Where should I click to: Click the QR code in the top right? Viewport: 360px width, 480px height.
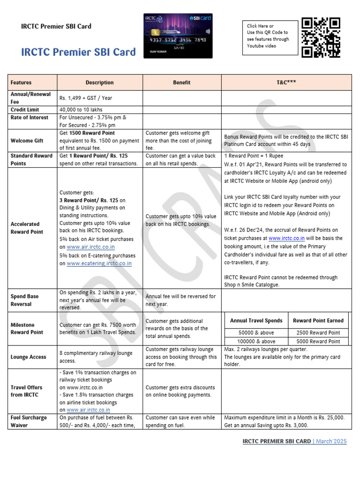pyautogui.click(x=321, y=37)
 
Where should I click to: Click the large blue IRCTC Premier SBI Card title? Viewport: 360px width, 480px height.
pyautogui.click(x=78, y=52)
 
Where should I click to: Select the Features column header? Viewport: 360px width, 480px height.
pyautogui.click(x=21, y=82)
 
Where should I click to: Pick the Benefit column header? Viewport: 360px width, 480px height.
pyautogui.click(x=181, y=82)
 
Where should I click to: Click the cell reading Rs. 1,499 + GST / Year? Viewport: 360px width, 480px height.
pyautogui.click(x=86, y=98)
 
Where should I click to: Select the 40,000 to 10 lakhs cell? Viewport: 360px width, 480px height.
pyautogui.click(x=83, y=109)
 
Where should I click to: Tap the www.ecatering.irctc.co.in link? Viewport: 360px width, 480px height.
pyautogui.click(x=99, y=264)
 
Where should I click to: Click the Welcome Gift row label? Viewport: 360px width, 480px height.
pyautogui.click(x=27, y=140)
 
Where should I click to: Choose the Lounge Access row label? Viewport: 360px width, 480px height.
pyautogui.click(x=28, y=357)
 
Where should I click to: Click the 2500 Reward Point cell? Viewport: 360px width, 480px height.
pyautogui.click(x=318, y=332)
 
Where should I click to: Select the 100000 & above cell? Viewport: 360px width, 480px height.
pyautogui.click(x=257, y=341)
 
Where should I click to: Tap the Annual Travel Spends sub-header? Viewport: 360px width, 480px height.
pyautogui.click(x=256, y=321)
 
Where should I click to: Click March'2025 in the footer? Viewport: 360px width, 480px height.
pyautogui.click(x=332, y=441)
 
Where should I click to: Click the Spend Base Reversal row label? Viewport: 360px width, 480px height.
pyautogui.click(x=24, y=300)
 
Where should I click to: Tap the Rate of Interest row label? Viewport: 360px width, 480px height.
pyautogui.click(x=29, y=117)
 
